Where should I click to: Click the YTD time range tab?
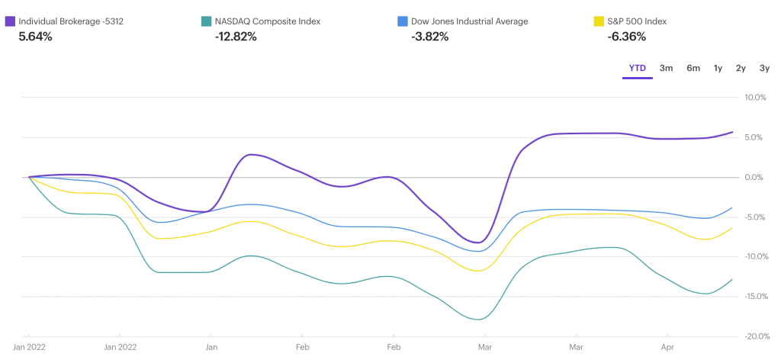click(x=638, y=68)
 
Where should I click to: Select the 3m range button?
click(x=666, y=68)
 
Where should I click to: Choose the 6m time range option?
click(x=693, y=68)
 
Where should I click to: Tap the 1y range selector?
click(x=718, y=68)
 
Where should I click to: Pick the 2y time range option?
click(x=741, y=68)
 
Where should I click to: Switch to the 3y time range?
click(x=764, y=68)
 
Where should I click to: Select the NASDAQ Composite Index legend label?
click(x=268, y=21)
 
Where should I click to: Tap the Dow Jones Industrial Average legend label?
click(x=469, y=21)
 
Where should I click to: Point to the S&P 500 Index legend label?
click(x=637, y=21)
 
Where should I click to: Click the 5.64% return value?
click(x=35, y=36)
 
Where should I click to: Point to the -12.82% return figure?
click(x=236, y=36)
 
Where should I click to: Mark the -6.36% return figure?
click(x=625, y=36)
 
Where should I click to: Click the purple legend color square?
click(x=10, y=21)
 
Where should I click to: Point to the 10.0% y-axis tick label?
click(x=754, y=98)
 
